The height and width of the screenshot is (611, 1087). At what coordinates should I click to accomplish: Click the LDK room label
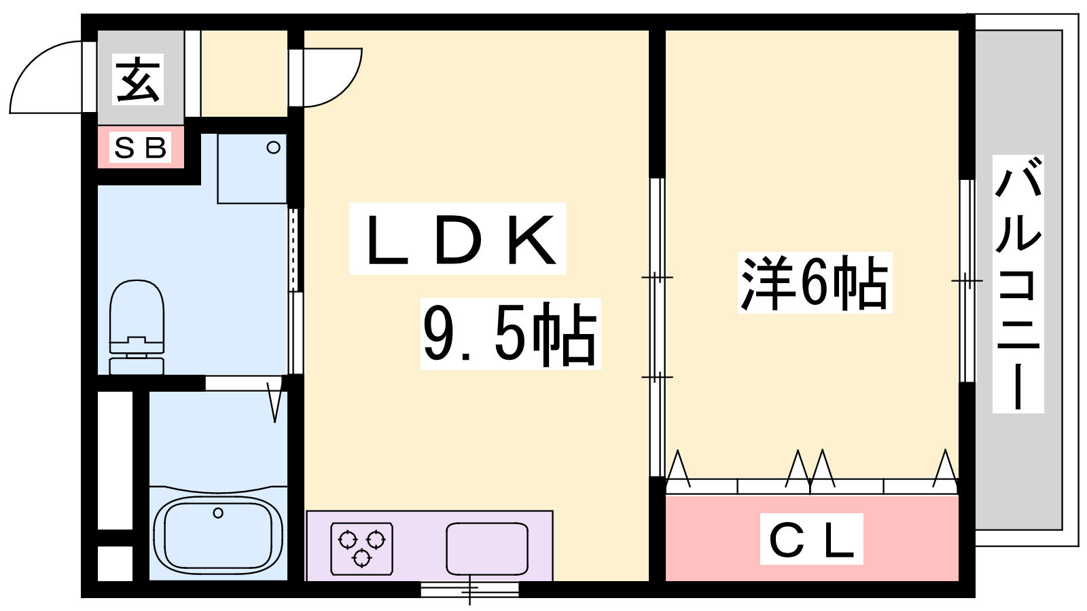coord(457,239)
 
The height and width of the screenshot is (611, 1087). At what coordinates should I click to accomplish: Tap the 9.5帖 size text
coord(510,333)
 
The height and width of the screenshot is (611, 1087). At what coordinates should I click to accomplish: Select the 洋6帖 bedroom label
coord(814,282)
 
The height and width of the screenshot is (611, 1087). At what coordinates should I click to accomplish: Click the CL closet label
coord(811,539)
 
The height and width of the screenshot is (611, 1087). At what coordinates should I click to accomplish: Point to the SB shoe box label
coord(141,147)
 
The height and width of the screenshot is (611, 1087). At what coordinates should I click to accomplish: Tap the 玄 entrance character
coord(139,79)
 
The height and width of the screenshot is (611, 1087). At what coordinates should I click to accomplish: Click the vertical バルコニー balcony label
coord(1018,284)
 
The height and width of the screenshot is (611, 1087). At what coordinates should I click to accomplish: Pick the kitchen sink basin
coord(486,549)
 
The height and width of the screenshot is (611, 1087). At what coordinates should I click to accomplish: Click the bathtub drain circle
coord(218,513)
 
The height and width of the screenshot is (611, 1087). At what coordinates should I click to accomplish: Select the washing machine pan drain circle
coord(273,147)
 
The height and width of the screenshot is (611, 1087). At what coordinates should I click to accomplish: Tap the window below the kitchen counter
coord(469,589)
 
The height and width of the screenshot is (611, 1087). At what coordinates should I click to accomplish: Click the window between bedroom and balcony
coord(966,280)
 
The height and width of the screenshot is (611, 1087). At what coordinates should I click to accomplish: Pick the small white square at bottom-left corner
coord(115,563)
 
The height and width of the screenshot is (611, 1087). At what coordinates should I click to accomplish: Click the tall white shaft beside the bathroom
coord(115,460)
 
